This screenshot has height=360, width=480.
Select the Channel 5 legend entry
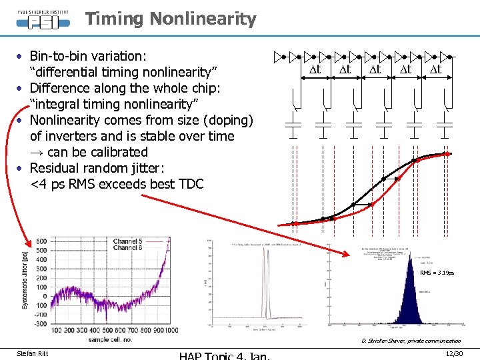coord(137,241)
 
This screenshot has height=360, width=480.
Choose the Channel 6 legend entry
coord(137,248)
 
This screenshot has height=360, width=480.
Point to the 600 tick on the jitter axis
coord(41,241)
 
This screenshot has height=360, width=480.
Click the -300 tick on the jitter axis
coord(40,323)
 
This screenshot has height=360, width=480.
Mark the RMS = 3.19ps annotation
coord(437,273)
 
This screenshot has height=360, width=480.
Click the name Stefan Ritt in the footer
coord(32,352)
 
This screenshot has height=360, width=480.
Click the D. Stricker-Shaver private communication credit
coord(411,341)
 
